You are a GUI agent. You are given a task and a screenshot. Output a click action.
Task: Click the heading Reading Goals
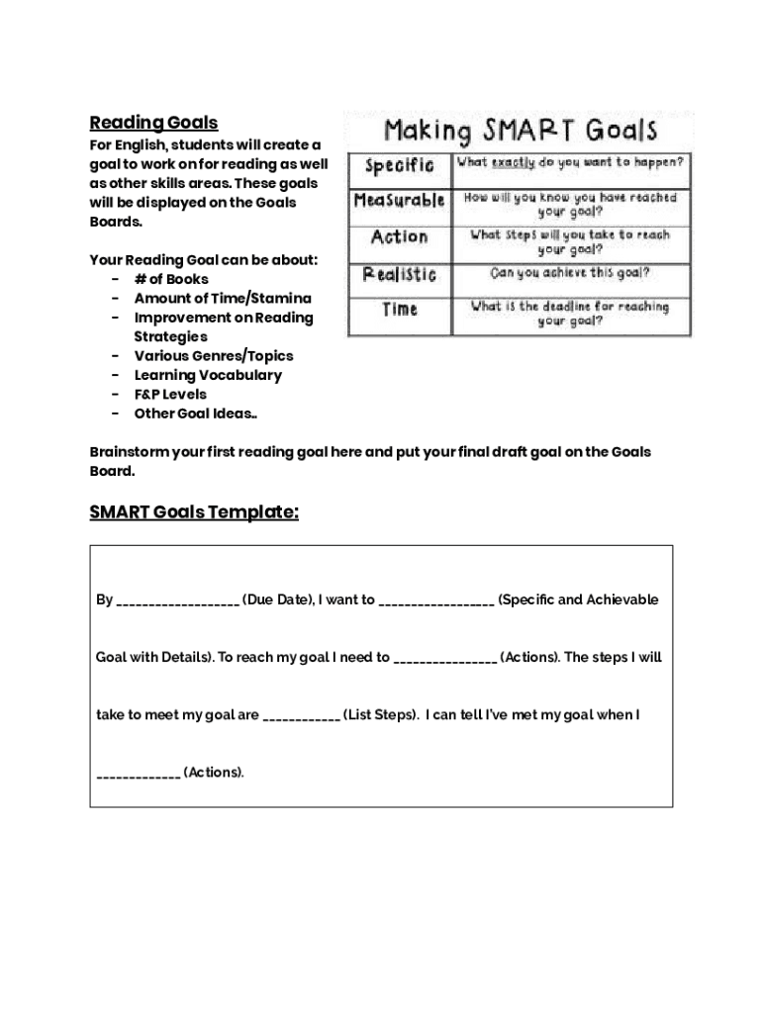153,123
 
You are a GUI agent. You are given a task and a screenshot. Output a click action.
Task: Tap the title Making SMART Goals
520,131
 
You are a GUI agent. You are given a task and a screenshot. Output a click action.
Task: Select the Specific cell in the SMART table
399,164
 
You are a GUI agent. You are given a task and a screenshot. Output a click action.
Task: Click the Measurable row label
399,201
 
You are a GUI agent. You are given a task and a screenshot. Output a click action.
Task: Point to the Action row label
399,237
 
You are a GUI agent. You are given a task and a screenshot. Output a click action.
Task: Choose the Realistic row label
399,274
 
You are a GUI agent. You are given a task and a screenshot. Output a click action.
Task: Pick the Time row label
399,310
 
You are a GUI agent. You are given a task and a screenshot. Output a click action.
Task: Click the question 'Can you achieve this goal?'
570,273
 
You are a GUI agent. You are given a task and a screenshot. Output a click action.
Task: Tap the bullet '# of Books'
171,279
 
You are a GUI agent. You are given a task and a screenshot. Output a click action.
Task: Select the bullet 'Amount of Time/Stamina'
223,298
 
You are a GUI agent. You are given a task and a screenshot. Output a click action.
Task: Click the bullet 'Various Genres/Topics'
214,355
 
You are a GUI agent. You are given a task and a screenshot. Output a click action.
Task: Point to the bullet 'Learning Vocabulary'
208,375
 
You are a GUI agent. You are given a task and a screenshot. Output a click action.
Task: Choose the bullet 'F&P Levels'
170,394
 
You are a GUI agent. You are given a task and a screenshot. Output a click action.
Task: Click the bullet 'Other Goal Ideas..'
195,414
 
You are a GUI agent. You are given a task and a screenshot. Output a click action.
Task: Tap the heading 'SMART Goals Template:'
194,512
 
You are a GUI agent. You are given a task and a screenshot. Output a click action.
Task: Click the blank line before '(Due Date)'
177,601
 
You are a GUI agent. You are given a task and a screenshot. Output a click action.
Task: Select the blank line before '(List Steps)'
302,716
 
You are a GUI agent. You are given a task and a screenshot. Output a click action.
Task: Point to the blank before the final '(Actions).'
138,774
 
